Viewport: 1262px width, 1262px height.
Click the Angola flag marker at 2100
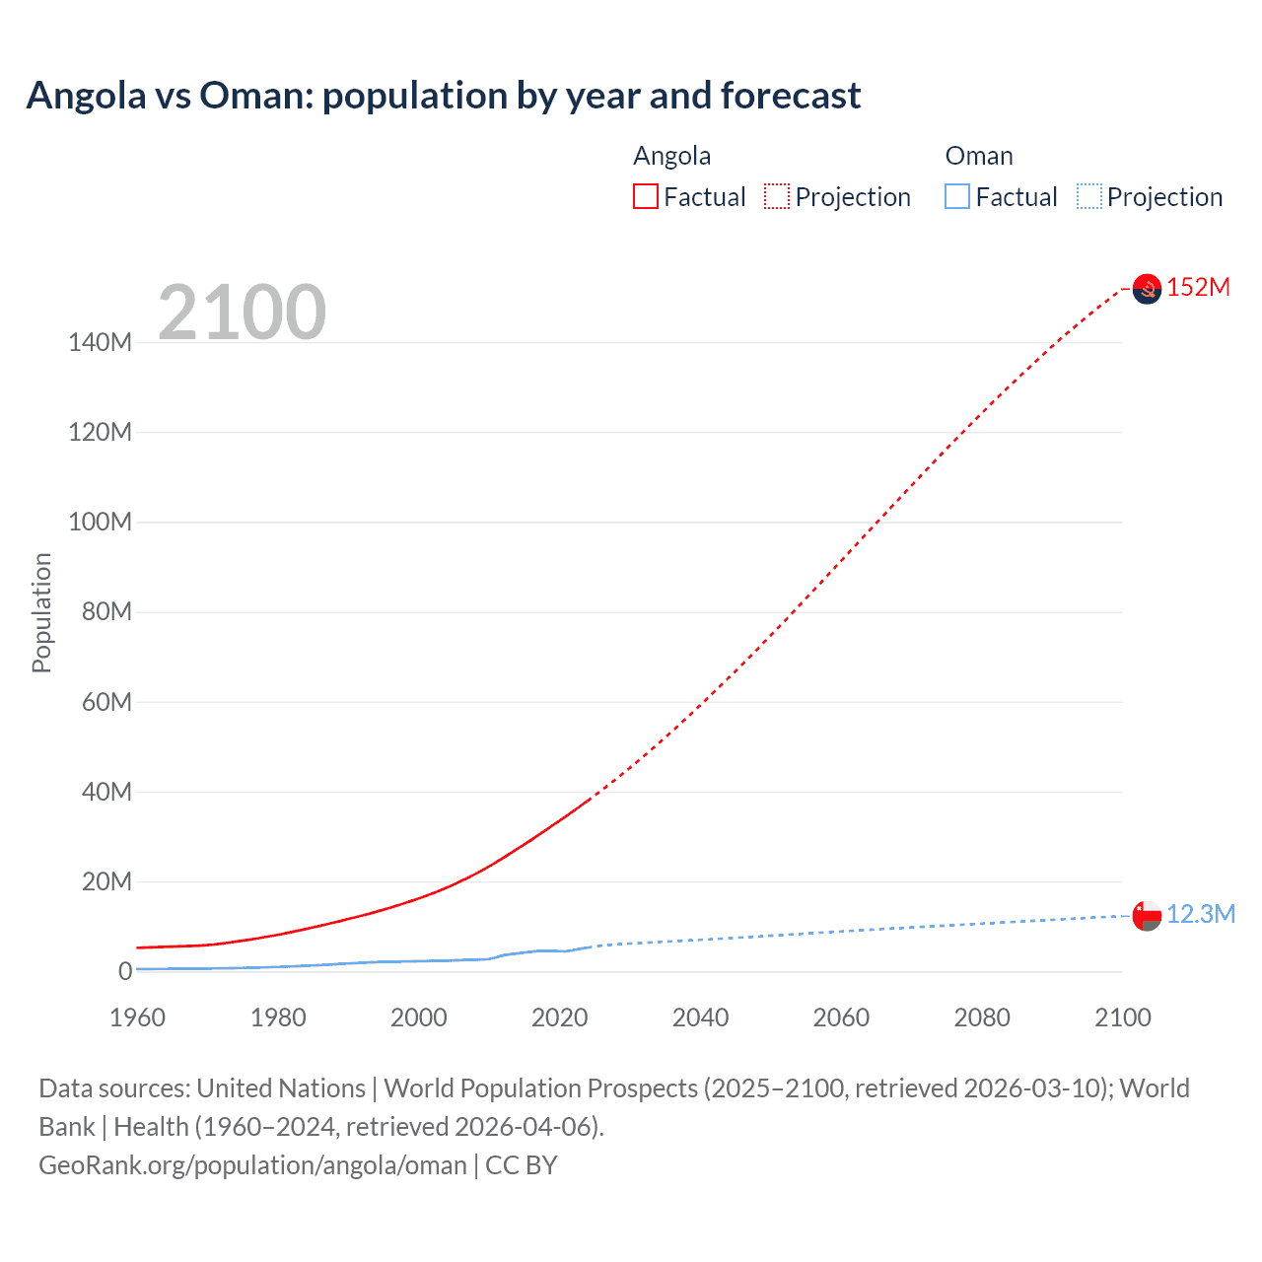tap(1147, 289)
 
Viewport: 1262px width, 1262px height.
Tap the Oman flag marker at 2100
tap(1147, 916)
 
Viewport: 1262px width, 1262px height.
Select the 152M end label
tap(1198, 287)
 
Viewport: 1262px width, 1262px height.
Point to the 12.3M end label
tap(1201, 914)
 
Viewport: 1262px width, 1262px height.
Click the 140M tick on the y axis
tap(100, 343)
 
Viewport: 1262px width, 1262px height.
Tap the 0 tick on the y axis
tap(125, 971)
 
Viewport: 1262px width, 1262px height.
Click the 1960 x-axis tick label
tap(137, 1017)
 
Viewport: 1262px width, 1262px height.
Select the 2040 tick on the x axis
tap(700, 1017)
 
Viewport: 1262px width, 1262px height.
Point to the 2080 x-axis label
tap(982, 1017)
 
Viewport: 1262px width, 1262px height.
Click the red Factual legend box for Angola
tap(646, 197)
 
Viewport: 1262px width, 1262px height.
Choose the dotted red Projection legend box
tap(777, 197)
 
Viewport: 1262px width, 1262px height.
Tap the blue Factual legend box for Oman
tap(957, 197)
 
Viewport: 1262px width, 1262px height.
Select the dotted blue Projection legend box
tap(1088, 197)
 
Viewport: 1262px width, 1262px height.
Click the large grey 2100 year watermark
tap(243, 313)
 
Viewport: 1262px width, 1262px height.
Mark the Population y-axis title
tap(41, 612)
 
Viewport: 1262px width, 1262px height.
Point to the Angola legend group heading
tap(671, 156)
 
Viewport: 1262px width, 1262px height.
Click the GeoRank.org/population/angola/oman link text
tap(252, 1164)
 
